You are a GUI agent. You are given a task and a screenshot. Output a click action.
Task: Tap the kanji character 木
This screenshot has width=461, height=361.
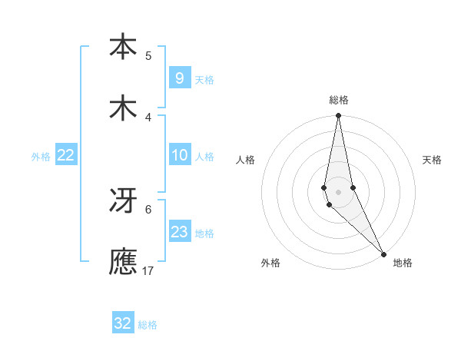point(123,108)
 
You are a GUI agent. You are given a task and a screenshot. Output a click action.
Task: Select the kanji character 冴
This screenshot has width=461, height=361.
point(123,200)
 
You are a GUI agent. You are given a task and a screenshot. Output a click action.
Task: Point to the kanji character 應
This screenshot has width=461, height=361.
point(123,262)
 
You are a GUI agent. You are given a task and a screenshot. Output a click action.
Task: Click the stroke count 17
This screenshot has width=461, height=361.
point(148,270)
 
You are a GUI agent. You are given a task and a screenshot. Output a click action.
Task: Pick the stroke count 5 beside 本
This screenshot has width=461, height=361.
point(148,55)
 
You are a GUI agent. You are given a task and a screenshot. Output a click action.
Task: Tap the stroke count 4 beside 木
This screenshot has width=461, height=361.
point(148,117)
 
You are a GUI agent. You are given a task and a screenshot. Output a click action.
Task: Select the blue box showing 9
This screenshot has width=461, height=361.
point(179,78)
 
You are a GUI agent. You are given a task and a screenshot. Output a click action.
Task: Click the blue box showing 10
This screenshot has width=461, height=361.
point(179,155)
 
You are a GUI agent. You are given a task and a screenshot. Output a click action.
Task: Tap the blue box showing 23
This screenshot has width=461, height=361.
point(179,232)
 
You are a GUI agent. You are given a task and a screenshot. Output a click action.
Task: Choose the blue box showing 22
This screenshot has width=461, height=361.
point(66,155)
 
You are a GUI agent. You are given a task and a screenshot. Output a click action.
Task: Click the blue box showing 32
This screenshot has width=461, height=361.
point(123,323)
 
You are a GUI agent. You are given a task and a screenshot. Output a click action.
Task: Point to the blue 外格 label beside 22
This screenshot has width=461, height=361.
point(41,157)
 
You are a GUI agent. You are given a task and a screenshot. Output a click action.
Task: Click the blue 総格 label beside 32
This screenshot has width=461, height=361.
point(148,325)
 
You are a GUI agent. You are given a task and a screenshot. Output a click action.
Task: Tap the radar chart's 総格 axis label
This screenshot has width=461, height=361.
point(339,100)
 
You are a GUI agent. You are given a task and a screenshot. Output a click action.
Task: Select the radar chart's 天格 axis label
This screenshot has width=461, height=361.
point(432,160)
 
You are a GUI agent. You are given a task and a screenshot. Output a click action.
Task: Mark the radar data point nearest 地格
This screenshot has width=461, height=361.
point(383,253)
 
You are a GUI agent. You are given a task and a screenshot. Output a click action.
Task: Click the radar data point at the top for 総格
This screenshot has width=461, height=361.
point(338,116)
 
